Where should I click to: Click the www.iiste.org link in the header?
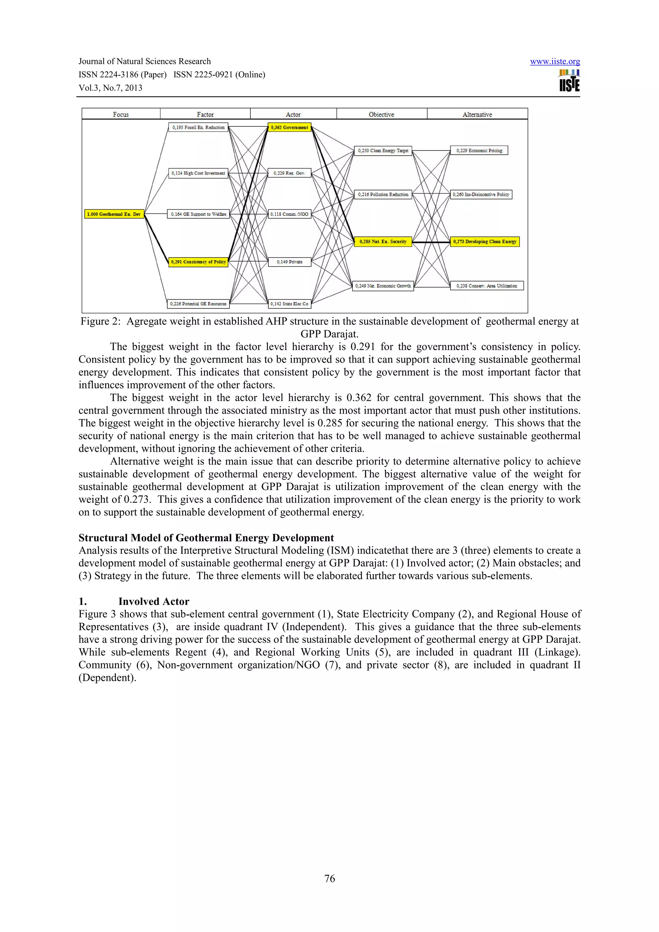(x=555, y=61)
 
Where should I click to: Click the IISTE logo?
(x=569, y=80)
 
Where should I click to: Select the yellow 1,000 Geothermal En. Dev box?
(x=114, y=214)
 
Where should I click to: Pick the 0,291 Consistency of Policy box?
(x=198, y=262)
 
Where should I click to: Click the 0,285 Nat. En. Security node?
(x=383, y=242)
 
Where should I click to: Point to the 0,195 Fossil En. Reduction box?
(x=198, y=127)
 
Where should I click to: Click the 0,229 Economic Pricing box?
(x=479, y=151)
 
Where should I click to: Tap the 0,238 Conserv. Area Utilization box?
(x=487, y=286)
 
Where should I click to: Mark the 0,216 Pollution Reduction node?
(x=383, y=195)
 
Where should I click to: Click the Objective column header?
(x=381, y=114)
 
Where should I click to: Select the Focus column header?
(x=121, y=114)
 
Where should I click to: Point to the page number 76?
(x=329, y=878)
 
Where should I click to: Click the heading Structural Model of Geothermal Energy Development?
(x=206, y=538)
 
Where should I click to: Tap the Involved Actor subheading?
(x=153, y=602)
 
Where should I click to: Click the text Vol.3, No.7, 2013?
(x=110, y=88)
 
